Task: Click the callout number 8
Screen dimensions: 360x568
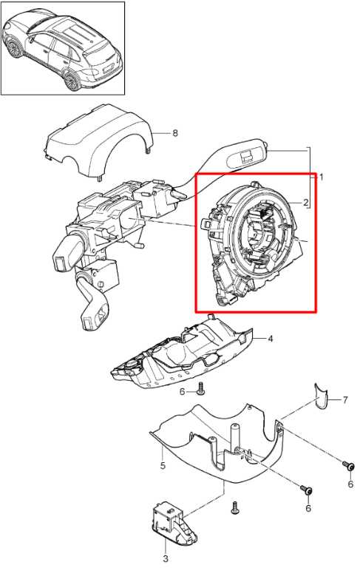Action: pyautogui.click(x=175, y=133)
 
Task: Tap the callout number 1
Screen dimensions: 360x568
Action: pyautogui.click(x=321, y=177)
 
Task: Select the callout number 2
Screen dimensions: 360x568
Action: pyautogui.click(x=306, y=202)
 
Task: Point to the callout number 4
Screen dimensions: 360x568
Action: pyautogui.click(x=270, y=339)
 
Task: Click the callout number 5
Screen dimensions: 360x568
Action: pyautogui.click(x=163, y=465)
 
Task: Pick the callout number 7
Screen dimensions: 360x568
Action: pyautogui.click(x=344, y=400)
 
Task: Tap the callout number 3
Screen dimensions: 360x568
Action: pyautogui.click(x=166, y=558)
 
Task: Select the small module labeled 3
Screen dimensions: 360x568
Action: pyautogui.click(x=174, y=520)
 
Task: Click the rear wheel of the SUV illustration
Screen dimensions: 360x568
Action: pyautogui.click(x=72, y=80)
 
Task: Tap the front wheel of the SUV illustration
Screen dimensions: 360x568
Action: pyautogui.click(x=15, y=47)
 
